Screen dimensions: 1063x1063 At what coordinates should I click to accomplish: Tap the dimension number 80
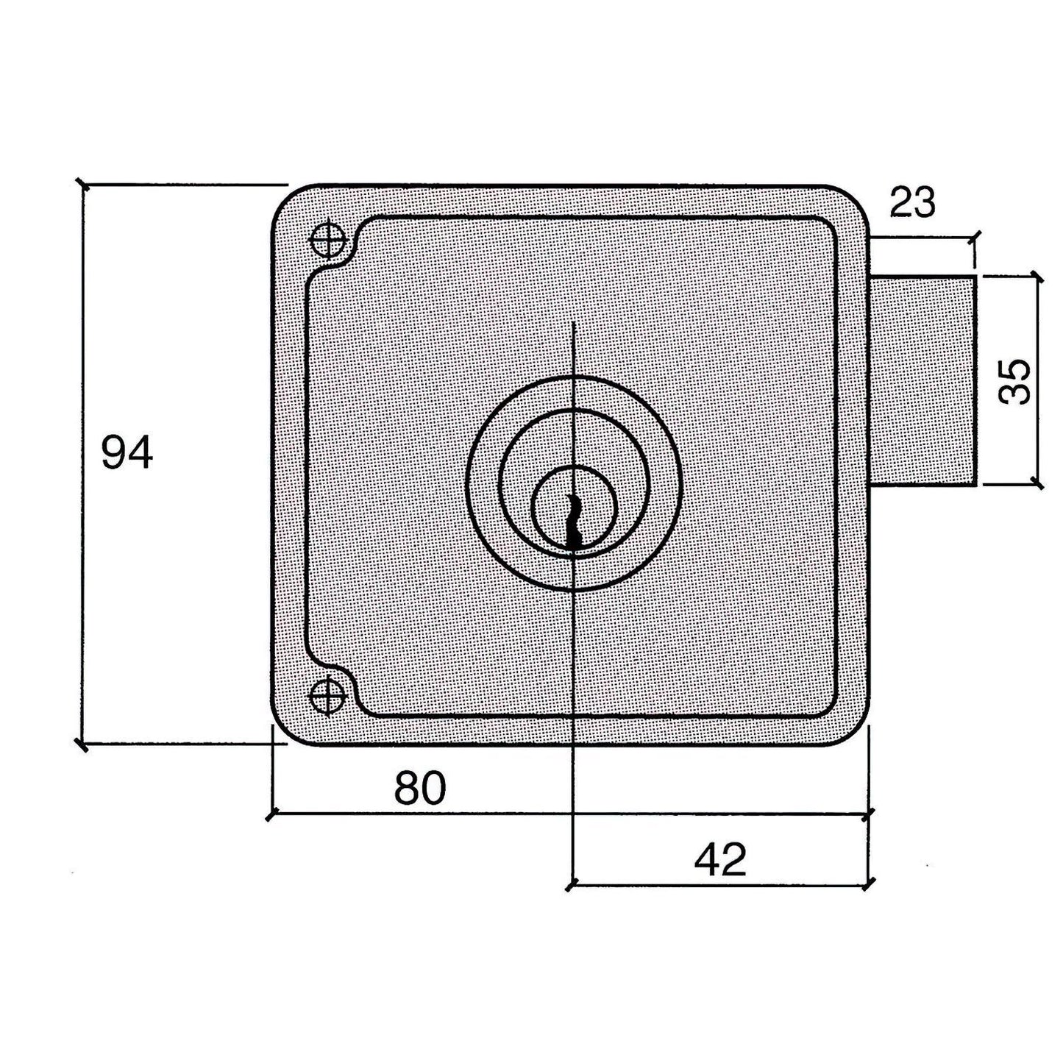(420, 788)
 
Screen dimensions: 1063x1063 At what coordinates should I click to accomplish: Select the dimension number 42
(720, 858)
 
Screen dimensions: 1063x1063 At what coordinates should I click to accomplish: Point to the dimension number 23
(912, 202)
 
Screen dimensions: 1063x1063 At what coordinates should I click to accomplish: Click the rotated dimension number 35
(1016, 381)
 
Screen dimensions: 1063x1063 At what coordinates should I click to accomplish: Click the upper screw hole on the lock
(327, 239)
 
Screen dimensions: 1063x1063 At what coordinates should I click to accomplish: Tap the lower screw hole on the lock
(327, 696)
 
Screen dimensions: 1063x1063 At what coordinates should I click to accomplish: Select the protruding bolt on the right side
(923, 380)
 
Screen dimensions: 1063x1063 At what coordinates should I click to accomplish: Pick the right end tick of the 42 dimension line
(870, 884)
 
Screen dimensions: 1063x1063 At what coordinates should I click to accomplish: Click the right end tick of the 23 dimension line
(976, 238)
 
